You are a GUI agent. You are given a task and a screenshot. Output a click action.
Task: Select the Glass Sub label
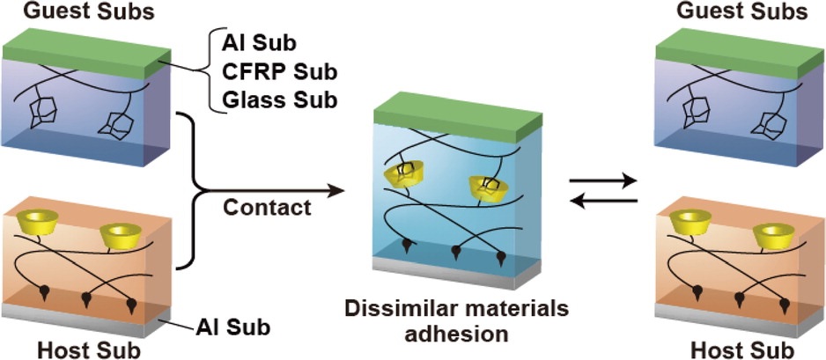pos(280,99)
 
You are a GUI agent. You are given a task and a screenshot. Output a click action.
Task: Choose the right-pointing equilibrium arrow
pos(602,181)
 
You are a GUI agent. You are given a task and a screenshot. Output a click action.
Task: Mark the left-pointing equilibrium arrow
pos(602,202)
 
